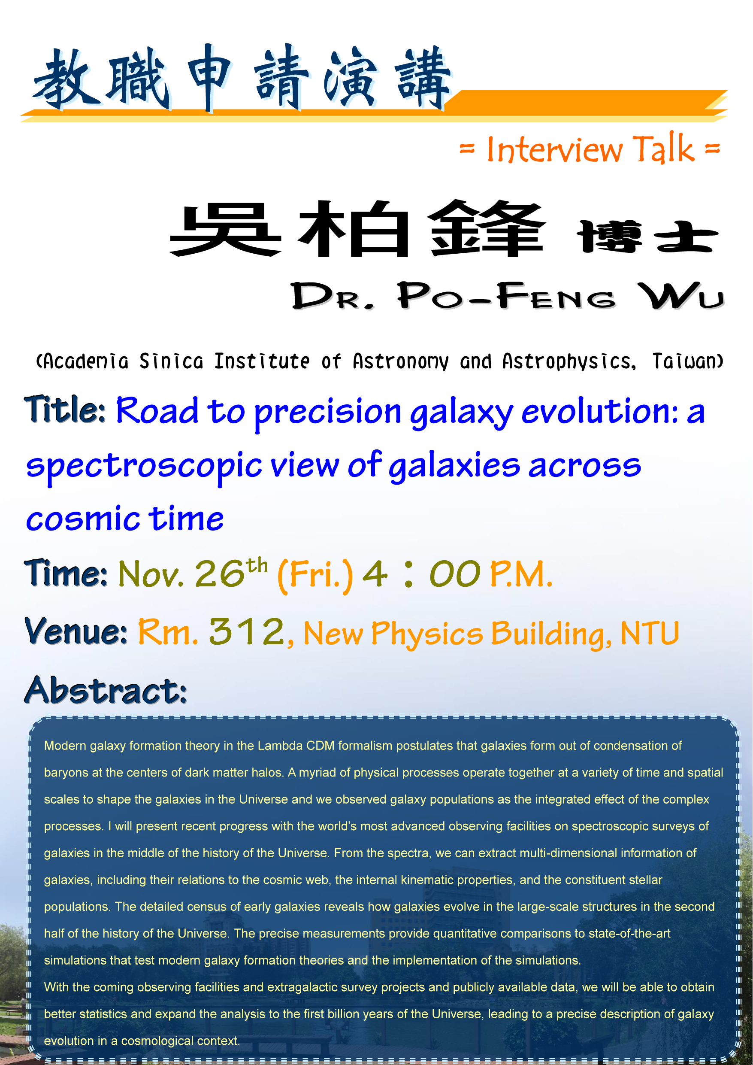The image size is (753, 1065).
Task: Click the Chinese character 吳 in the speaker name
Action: [226, 230]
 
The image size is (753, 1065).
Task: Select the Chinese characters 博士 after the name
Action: [647, 237]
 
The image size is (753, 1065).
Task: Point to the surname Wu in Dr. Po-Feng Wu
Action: [680, 295]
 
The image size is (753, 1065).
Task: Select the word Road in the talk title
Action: [157, 410]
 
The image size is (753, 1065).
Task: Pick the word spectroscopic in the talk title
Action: [144, 466]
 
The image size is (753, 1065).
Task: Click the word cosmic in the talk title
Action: [83, 519]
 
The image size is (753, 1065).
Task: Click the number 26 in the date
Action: [219, 574]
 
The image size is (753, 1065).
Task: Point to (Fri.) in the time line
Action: [315, 575]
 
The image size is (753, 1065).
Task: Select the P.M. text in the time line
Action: [521, 574]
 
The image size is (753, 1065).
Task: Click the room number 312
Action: [247, 631]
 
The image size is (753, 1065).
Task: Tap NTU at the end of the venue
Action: [650, 633]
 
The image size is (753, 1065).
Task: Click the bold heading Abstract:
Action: [106, 690]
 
